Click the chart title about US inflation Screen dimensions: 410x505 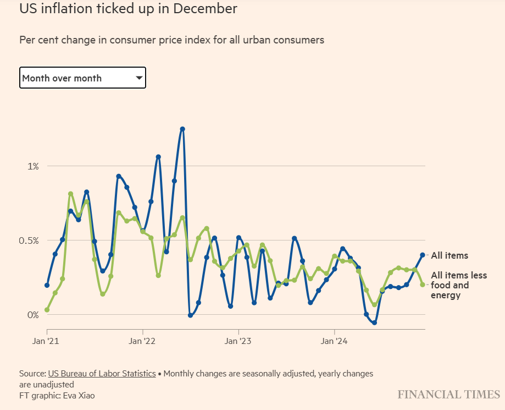(128, 9)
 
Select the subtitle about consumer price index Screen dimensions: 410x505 (171, 40)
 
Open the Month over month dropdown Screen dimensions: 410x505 (82, 78)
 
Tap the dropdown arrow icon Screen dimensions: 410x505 (139, 78)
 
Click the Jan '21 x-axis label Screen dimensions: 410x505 (47, 341)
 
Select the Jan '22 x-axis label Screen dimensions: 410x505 (143, 341)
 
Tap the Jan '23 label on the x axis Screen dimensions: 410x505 (238, 341)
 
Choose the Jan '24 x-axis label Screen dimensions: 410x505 (335, 341)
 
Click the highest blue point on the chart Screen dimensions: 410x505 (182, 129)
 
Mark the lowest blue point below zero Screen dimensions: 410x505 (375, 322)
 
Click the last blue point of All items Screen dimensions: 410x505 (423, 255)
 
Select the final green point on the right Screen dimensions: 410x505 (423, 285)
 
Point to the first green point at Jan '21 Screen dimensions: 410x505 (47, 310)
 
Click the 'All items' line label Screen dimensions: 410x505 (449, 255)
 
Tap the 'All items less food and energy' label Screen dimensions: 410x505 (458, 285)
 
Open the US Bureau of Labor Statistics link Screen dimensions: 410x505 (102, 373)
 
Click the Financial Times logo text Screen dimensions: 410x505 (449, 395)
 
